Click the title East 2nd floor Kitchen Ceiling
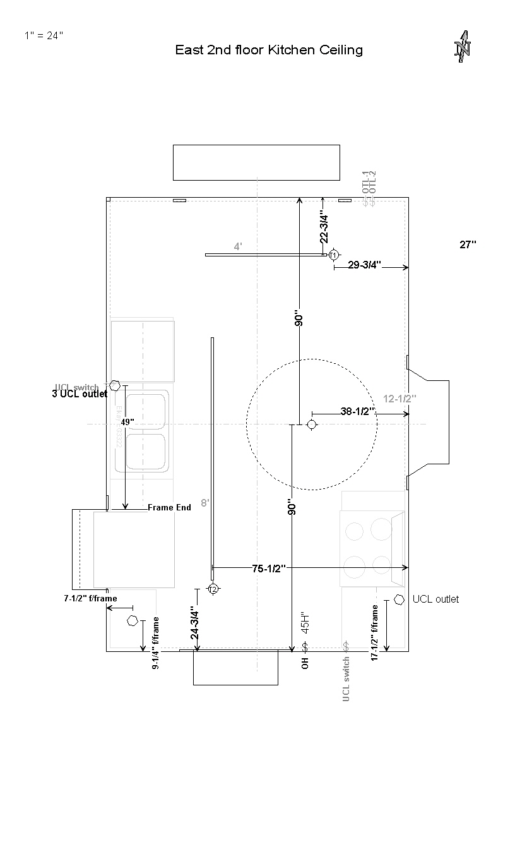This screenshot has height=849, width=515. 269,50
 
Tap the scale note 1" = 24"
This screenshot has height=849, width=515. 44,35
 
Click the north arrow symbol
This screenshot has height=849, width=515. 463,47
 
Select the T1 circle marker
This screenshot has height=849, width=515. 333,255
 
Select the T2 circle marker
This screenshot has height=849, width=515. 213,589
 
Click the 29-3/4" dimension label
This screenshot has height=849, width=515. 365,265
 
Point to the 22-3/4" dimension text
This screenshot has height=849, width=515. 324,227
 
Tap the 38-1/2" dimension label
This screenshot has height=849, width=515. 358,411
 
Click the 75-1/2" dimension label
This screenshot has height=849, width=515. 269,569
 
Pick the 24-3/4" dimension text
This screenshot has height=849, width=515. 195,623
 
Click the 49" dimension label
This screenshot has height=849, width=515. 127,421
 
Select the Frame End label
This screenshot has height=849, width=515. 170,507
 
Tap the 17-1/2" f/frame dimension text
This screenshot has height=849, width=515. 375,632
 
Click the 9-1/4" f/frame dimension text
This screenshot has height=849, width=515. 156,643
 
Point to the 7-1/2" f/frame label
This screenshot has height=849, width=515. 90,598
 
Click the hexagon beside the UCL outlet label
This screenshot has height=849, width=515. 399,599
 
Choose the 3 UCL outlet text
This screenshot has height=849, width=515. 80,394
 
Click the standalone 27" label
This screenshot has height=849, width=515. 468,244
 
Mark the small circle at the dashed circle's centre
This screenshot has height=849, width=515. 312,424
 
